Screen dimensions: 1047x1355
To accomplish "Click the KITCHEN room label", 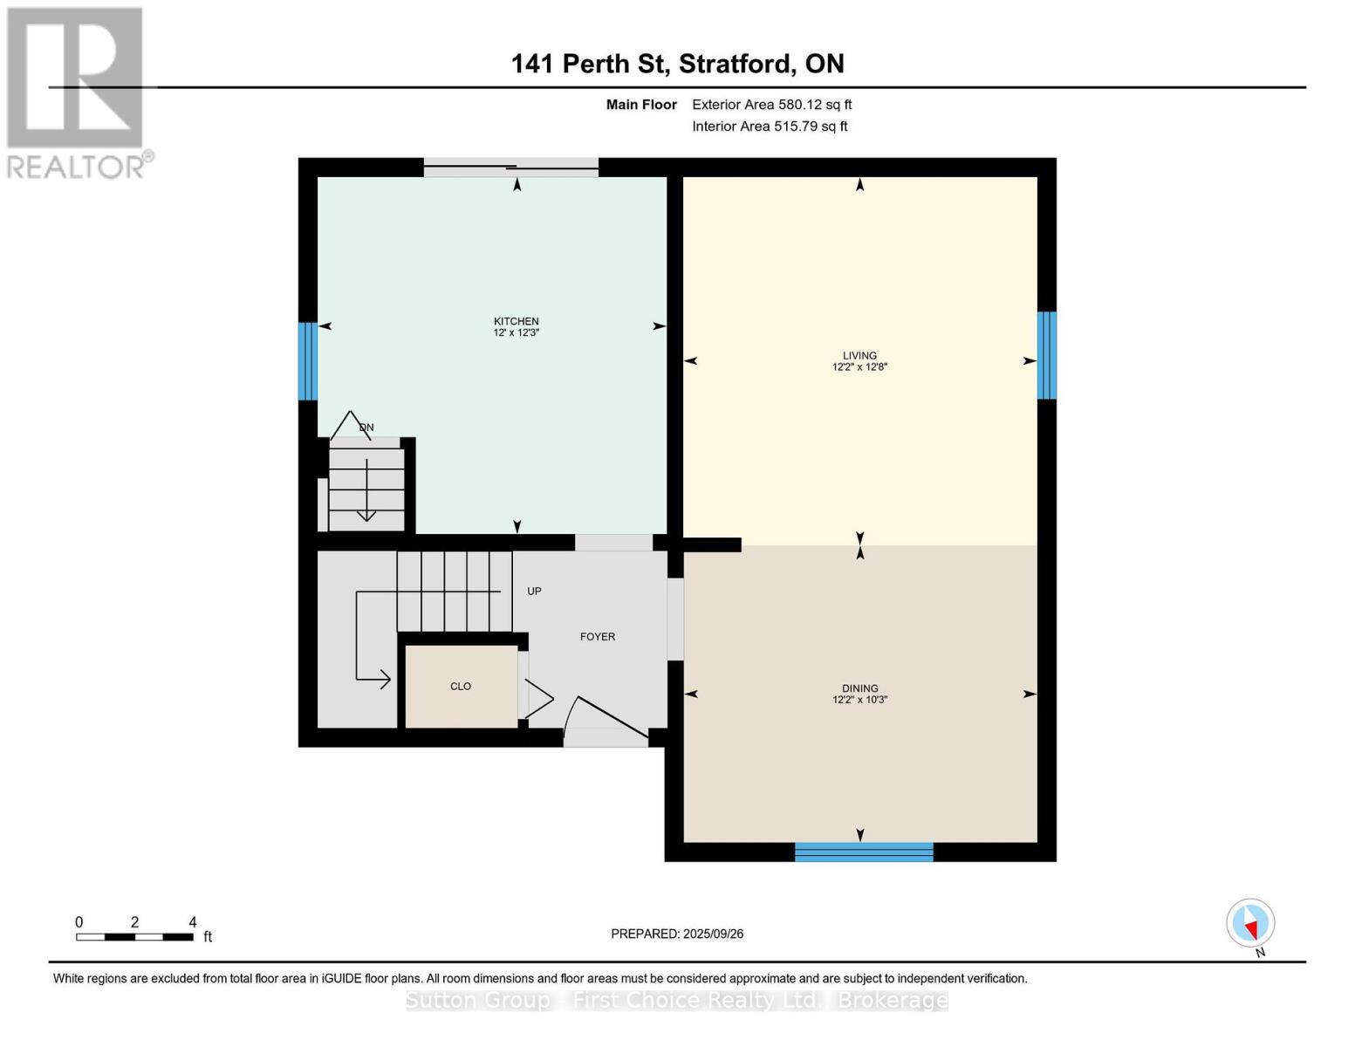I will click(516, 322).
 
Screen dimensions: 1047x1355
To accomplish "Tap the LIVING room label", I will click(859, 356).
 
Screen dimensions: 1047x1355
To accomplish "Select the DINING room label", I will click(859, 688).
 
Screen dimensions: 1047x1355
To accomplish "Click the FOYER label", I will click(598, 637).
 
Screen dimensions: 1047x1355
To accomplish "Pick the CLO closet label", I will click(461, 687).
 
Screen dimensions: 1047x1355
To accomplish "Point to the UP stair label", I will click(534, 592).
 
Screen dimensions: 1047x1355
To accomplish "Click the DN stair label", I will click(366, 428).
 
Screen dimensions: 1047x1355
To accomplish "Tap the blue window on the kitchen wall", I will click(307, 361).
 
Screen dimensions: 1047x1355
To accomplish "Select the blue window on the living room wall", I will click(1046, 355).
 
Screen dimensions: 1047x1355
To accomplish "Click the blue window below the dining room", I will click(864, 852).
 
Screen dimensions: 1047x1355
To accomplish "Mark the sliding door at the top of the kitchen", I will click(511, 168).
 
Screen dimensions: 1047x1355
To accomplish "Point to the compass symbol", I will click(1250, 923).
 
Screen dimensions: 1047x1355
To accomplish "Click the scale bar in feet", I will click(134, 937).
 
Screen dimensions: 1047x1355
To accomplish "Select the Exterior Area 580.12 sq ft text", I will click(771, 105).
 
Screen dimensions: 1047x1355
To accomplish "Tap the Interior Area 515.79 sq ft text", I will click(770, 127).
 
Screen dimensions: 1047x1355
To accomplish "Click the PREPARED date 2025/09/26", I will click(677, 934).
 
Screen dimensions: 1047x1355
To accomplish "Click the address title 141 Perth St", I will click(677, 64).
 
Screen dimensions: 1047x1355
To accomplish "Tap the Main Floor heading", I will click(641, 105).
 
